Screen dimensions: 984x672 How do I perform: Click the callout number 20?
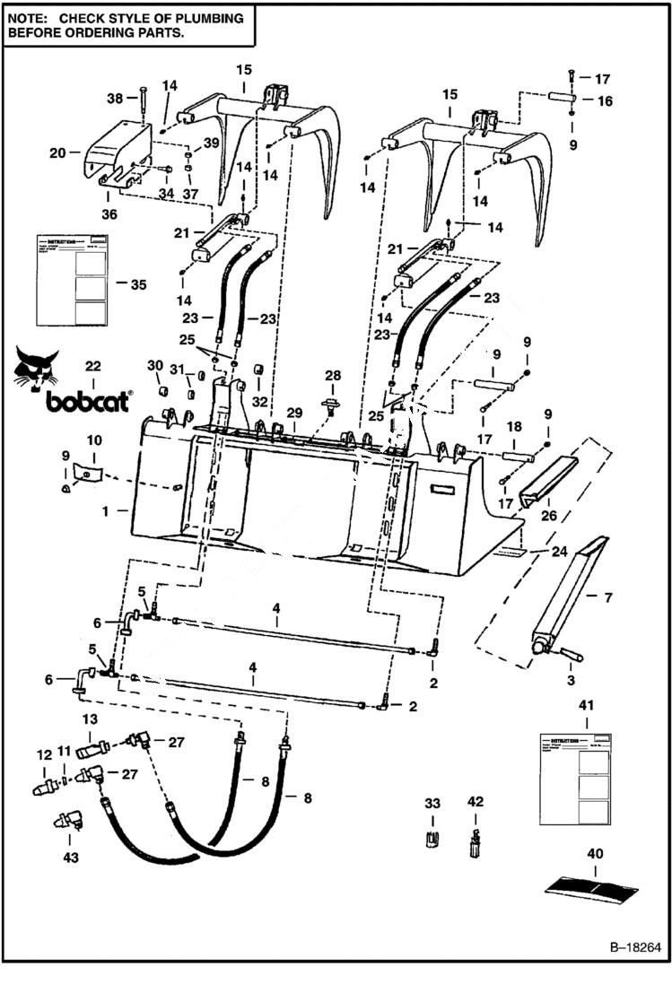click(x=57, y=153)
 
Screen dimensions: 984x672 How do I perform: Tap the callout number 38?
click(x=116, y=98)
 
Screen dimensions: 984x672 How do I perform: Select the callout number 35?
click(x=138, y=284)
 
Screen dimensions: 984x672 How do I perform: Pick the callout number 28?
click(x=333, y=373)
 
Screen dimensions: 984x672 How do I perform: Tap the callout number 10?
click(x=94, y=441)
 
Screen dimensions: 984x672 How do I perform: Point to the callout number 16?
click(x=605, y=101)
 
